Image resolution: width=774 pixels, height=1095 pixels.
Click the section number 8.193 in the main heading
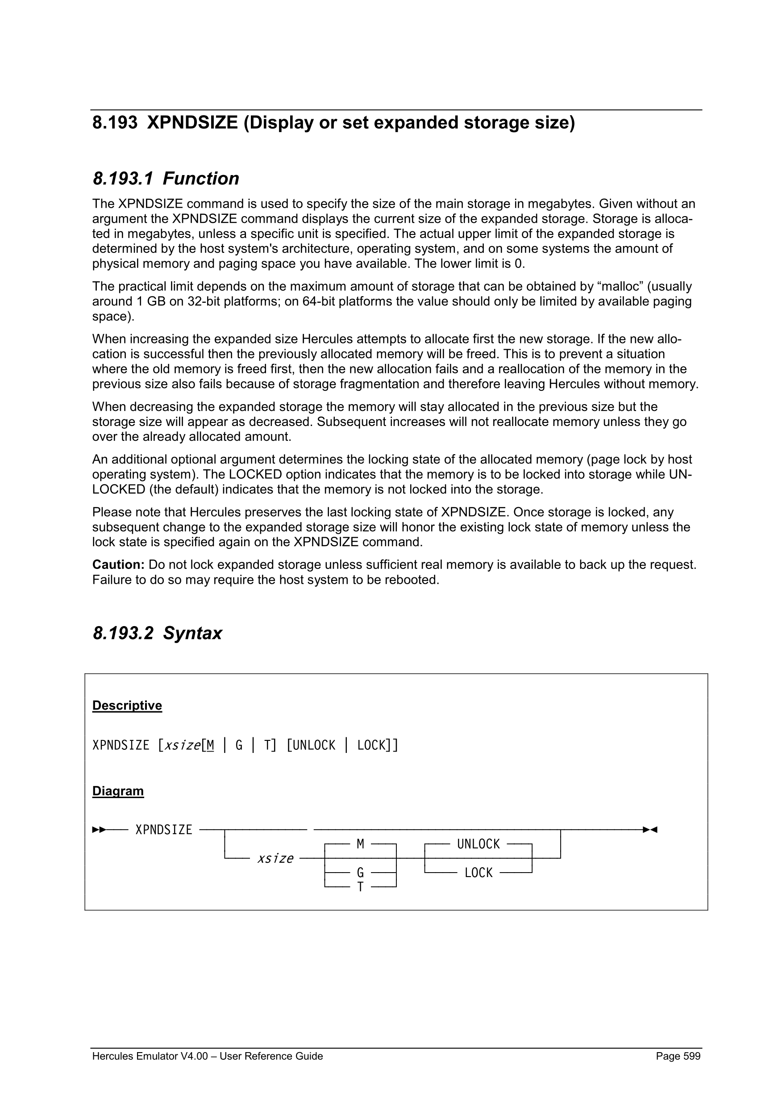(x=115, y=123)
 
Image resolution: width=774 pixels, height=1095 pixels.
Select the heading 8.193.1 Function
(x=166, y=179)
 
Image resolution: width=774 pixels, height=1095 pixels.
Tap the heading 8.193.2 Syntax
(x=157, y=633)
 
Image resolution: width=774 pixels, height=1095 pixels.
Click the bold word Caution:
(x=118, y=564)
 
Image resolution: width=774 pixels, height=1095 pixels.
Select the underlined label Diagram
(x=118, y=791)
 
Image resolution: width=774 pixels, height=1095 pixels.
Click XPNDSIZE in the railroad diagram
(x=163, y=830)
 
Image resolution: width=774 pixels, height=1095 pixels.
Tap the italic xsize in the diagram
(x=275, y=858)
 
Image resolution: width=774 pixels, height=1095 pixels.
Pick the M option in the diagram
(x=360, y=844)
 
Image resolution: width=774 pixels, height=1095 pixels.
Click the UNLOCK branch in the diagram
(x=478, y=844)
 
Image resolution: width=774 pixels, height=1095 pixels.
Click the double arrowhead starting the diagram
(x=99, y=830)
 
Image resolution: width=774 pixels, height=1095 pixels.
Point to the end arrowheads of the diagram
(x=650, y=830)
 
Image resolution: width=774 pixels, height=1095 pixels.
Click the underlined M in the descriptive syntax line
(x=210, y=745)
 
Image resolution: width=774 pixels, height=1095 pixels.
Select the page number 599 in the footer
(x=691, y=1056)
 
